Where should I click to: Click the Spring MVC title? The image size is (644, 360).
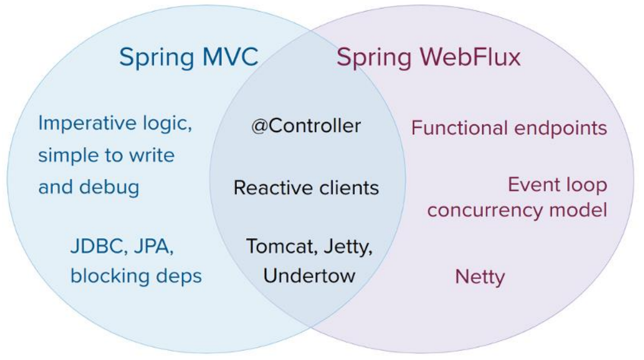pyautogui.click(x=188, y=58)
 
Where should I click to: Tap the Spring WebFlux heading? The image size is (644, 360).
pyautogui.click(x=428, y=58)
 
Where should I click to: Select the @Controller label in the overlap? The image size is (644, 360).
pyautogui.click(x=306, y=126)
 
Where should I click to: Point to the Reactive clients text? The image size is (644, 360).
pyautogui.click(x=306, y=188)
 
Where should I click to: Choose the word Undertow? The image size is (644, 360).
pyautogui.click(x=309, y=276)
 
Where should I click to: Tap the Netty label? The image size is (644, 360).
pyautogui.click(x=480, y=278)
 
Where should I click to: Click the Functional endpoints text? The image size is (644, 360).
pyautogui.click(x=509, y=128)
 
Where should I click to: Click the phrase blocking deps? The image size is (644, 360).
pyautogui.click(x=136, y=276)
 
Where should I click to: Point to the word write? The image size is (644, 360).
pyautogui.click(x=150, y=155)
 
